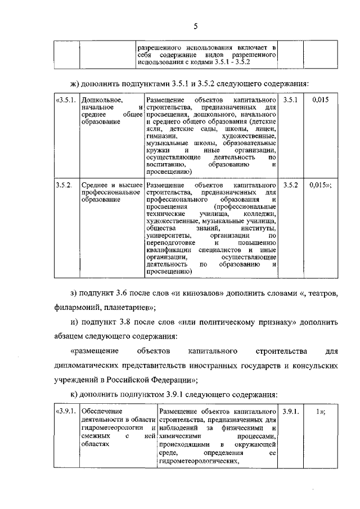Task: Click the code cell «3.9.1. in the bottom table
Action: (66, 412)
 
